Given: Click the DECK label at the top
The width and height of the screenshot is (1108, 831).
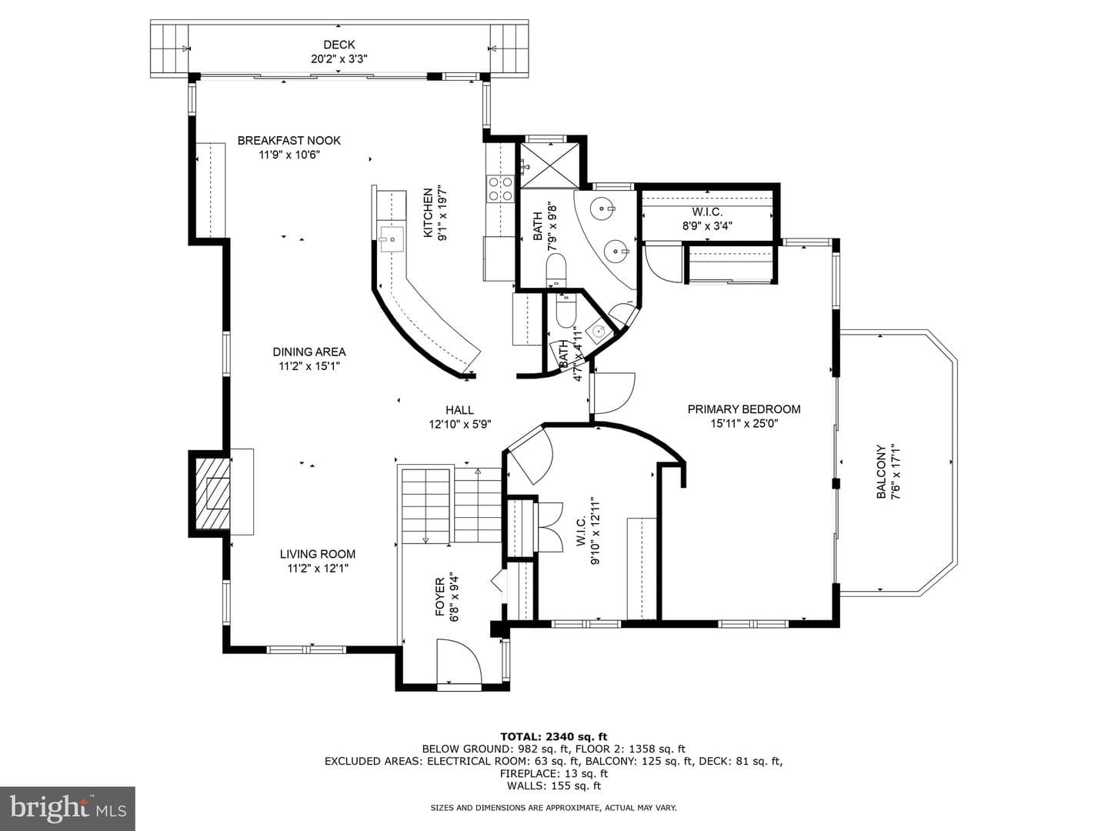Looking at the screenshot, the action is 339,45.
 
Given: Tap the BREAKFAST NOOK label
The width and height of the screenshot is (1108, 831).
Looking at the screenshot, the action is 289,140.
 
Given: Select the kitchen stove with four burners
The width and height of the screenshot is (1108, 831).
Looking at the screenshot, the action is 499,189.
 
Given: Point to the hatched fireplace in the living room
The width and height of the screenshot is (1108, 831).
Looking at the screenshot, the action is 211,494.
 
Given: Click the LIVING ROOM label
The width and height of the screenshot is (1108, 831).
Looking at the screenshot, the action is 318,554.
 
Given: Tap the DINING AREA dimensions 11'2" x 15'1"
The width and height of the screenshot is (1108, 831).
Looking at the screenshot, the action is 309,365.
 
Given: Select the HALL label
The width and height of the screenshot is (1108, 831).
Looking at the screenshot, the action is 459,410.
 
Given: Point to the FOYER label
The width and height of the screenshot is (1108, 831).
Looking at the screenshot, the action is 439,597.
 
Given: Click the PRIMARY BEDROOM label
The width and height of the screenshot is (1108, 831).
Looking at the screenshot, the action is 743,409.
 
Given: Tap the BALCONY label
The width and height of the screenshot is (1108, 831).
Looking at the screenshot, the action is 881,472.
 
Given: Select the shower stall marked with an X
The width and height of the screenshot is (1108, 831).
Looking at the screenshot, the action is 549,166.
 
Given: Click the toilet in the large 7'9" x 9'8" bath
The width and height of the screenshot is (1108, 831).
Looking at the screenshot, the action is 556,270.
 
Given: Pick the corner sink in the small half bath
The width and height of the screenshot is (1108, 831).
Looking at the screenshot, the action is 599,332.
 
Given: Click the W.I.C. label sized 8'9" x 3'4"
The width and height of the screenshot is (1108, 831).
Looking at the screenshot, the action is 707,212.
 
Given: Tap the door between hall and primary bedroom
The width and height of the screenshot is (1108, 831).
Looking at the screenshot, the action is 612,393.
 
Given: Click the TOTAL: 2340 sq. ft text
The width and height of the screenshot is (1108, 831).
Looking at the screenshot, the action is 554,737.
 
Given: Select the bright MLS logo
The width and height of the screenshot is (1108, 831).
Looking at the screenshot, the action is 68,808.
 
